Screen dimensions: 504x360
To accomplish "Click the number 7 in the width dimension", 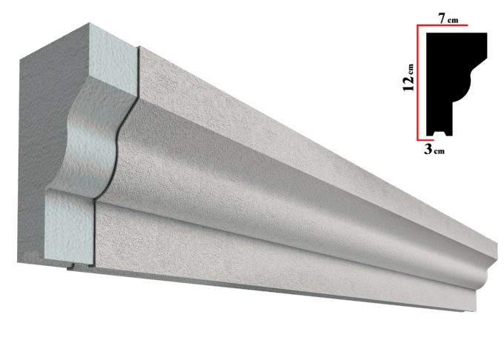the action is point(443,19).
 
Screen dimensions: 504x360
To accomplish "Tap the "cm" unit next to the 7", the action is point(453,20).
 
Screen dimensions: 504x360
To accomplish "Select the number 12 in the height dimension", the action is point(408,84).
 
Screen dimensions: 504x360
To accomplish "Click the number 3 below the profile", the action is point(428,149).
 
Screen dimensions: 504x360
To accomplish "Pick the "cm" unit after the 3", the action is point(440,151).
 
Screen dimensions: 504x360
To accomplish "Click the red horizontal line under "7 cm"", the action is point(442,25).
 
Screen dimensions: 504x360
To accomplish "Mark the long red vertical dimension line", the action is point(418,82).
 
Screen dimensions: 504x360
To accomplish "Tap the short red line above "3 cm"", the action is point(425,140).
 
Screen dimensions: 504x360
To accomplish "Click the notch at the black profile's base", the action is point(440,133).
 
